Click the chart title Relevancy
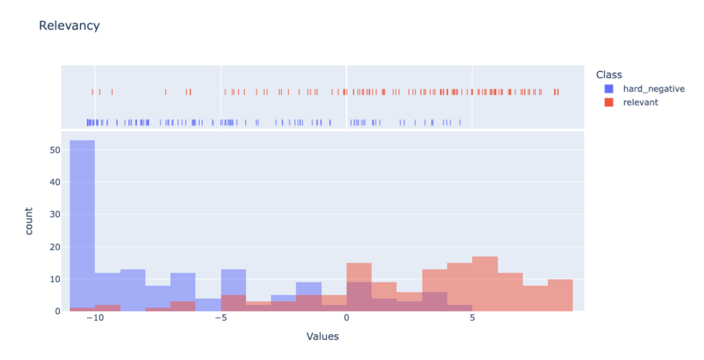70,26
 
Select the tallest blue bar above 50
82,224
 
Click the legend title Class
609,75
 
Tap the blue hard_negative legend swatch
609,89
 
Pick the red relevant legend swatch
609,103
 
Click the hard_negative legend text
654,89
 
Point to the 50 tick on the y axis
55,150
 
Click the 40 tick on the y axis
55,182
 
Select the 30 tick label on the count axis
55,214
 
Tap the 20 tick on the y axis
55,247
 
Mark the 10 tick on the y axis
55,279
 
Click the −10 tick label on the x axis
95,318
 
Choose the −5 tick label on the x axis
221,318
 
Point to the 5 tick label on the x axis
472,318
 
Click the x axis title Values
323,337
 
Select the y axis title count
29,221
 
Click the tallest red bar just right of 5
485,284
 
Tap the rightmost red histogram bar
560,295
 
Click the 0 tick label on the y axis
58,311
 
